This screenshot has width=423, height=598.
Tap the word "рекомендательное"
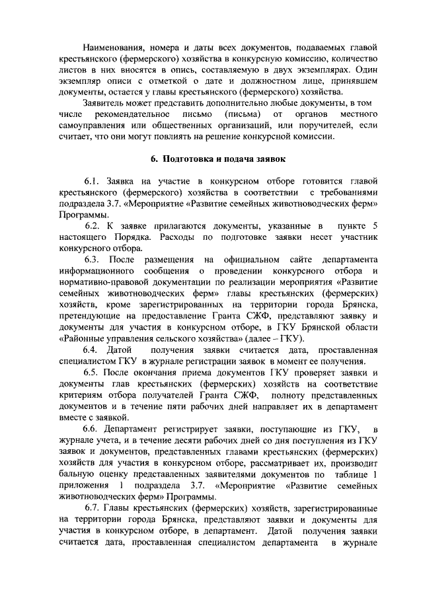(x=151, y=115)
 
